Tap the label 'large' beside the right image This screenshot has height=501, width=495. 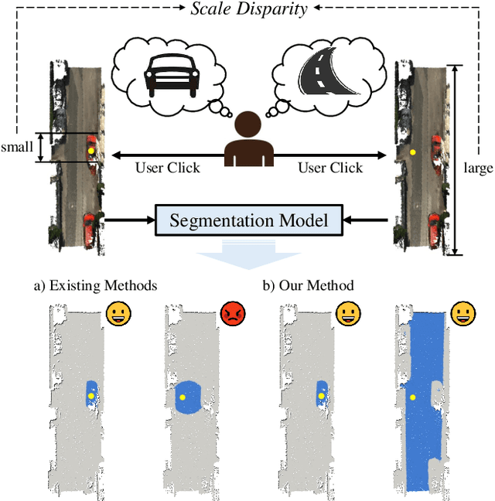(478, 166)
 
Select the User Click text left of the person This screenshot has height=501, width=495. (167, 168)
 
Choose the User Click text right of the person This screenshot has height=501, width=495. (330, 168)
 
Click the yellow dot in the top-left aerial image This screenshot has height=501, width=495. (90, 150)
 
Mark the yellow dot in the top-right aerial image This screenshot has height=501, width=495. (413, 153)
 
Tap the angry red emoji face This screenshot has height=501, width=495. (232, 313)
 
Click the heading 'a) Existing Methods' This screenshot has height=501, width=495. (94, 286)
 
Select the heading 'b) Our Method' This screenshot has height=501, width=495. (308, 286)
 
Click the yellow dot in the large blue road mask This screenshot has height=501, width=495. (412, 397)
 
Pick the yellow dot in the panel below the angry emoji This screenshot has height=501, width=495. (183, 397)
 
